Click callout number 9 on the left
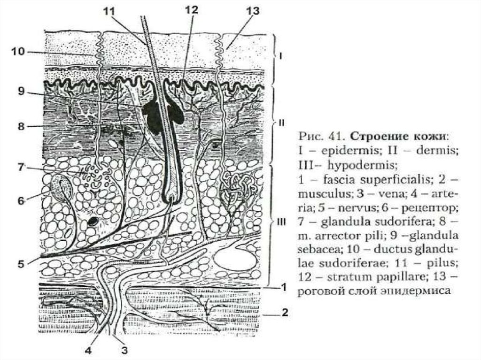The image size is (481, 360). tap(21, 92)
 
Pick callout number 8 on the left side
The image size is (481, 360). tap(21, 126)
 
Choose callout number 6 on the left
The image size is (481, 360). tap(20, 200)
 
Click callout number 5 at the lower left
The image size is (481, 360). tap(20, 264)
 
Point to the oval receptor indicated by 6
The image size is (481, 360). tap(62, 187)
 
